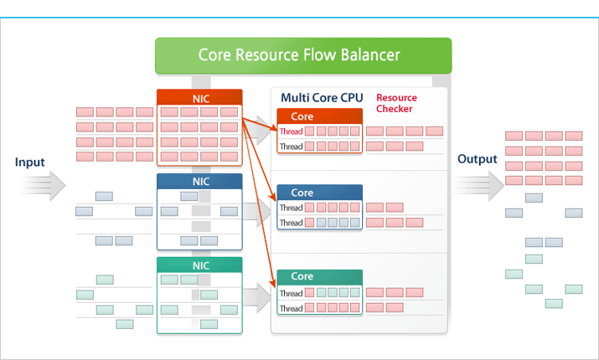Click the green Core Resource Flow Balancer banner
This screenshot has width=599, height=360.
click(x=303, y=55)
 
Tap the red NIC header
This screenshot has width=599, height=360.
click(x=199, y=97)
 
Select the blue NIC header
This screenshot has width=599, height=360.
click(x=199, y=182)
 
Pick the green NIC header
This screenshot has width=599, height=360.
click(x=199, y=265)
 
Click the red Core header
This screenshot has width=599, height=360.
click(x=320, y=116)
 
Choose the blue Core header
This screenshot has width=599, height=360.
click(x=320, y=193)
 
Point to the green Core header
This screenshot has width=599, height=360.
click(x=320, y=276)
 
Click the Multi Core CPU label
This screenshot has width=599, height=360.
click(x=322, y=98)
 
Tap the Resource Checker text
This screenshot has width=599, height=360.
click(x=396, y=103)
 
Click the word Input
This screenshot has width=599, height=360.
click(x=30, y=162)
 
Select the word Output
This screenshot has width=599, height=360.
click(x=478, y=159)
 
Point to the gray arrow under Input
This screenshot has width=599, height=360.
click(x=43, y=186)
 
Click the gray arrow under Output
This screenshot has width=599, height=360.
click(x=479, y=186)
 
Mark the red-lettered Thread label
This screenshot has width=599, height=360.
click(x=291, y=131)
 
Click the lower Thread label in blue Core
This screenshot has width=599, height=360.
click(x=291, y=223)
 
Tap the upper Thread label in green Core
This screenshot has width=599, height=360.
click(x=291, y=293)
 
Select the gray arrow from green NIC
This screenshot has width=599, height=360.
click(x=257, y=298)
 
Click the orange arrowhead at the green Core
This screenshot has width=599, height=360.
click(x=273, y=283)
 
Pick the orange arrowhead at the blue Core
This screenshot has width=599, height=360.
click(x=273, y=197)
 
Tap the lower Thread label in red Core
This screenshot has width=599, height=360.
click(x=291, y=147)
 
